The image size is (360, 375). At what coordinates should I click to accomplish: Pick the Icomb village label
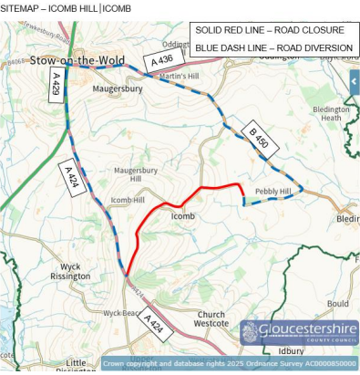pyautogui.click(x=183, y=216)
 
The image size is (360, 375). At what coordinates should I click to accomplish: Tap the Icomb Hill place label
pyautogui.click(x=127, y=200)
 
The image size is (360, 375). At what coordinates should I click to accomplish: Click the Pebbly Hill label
pyautogui.click(x=273, y=191)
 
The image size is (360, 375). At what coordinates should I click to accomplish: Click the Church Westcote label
pyautogui.click(x=211, y=318)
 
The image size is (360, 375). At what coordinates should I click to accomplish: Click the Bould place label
pyautogui.click(x=338, y=304)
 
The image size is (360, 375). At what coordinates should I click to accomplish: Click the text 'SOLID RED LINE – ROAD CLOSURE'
pyautogui.click(x=270, y=30)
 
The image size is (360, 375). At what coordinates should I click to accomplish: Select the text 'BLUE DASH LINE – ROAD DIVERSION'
pyautogui.click(x=273, y=47)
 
